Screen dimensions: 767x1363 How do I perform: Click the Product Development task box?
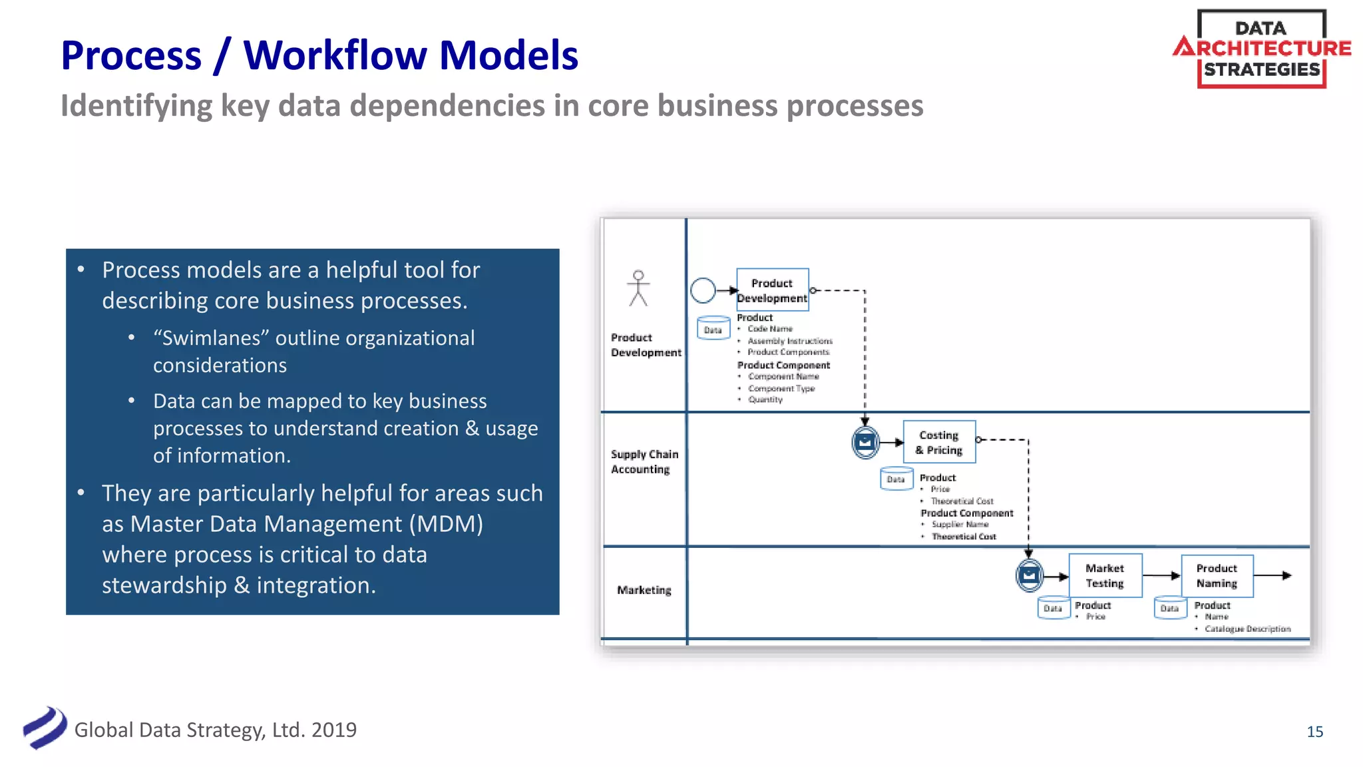pos(772,290)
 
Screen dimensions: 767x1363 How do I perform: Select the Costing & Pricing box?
pos(939,442)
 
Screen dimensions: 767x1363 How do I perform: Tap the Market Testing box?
pos(1105,575)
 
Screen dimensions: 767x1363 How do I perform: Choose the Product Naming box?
pos(1217,575)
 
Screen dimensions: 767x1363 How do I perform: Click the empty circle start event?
pos(703,290)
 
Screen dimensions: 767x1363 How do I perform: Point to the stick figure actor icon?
pos(638,288)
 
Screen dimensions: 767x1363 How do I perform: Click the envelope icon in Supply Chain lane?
pos(865,442)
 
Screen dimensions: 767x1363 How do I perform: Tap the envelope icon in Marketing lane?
pos(1029,575)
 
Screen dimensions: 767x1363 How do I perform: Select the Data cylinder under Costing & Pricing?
pos(896,479)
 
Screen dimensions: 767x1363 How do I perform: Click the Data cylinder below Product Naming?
pos(1169,608)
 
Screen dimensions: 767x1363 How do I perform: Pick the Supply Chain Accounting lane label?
pos(644,461)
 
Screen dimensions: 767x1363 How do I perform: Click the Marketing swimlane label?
pos(644,590)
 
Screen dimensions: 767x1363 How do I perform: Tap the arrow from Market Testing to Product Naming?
pos(1161,575)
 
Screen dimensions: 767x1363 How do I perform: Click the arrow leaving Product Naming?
pos(1272,575)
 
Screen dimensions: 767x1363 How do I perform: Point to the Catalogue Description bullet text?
pos(1247,629)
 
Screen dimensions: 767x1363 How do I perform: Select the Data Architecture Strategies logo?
pos(1261,49)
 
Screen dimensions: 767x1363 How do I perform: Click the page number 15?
pos(1314,732)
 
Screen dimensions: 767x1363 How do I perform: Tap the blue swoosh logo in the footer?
pos(45,728)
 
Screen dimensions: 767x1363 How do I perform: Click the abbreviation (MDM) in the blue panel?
pos(446,524)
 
